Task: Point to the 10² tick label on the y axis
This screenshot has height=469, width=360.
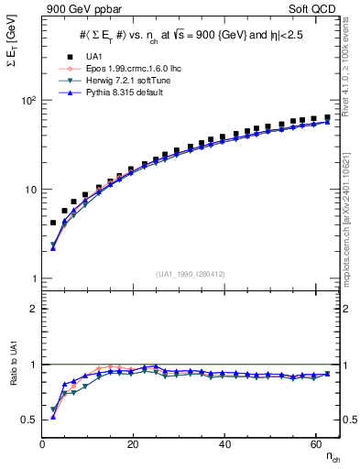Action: pyautogui.click(x=28, y=100)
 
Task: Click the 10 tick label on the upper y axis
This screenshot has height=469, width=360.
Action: pyautogui.click(x=30, y=190)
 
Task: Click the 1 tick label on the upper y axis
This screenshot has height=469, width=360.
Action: pyautogui.click(x=33, y=278)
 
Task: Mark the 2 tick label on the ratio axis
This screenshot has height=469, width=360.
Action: pyautogui.click(x=33, y=309)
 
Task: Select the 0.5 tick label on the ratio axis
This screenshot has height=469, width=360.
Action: pyautogui.click(x=29, y=420)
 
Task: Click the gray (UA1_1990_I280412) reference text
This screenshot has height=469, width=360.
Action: pyautogui.click(x=191, y=273)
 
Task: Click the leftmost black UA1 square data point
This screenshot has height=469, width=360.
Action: pyautogui.click(x=53, y=223)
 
